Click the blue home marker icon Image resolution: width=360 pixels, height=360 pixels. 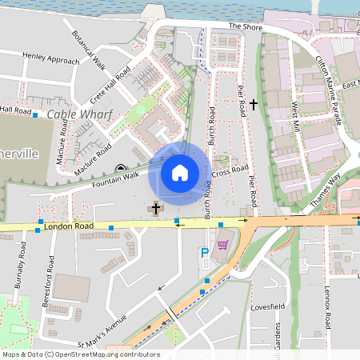pyautogui.click(x=180, y=173)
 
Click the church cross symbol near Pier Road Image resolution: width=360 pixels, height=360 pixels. pyautogui.click(x=254, y=104)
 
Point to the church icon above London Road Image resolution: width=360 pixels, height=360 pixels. pyautogui.click(x=155, y=208)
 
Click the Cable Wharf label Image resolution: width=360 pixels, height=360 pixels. pyautogui.click(x=79, y=114)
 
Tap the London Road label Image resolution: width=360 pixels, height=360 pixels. pyautogui.click(x=70, y=226)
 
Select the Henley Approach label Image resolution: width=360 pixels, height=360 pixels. pyautogui.click(x=52, y=59)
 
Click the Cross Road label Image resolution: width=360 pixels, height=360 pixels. pyautogui.click(x=232, y=171)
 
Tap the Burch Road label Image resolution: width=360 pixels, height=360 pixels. pyautogui.click(x=210, y=128)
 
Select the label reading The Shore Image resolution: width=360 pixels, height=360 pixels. pyautogui.click(x=245, y=26)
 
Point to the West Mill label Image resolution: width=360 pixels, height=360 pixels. pyautogui.click(x=296, y=116)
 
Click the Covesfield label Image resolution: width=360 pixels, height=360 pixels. pyautogui.click(x=267, y=307)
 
